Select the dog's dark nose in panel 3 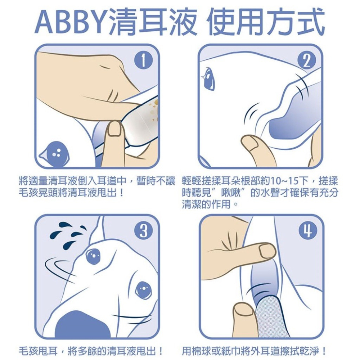83,326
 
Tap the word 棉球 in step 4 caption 204,350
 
